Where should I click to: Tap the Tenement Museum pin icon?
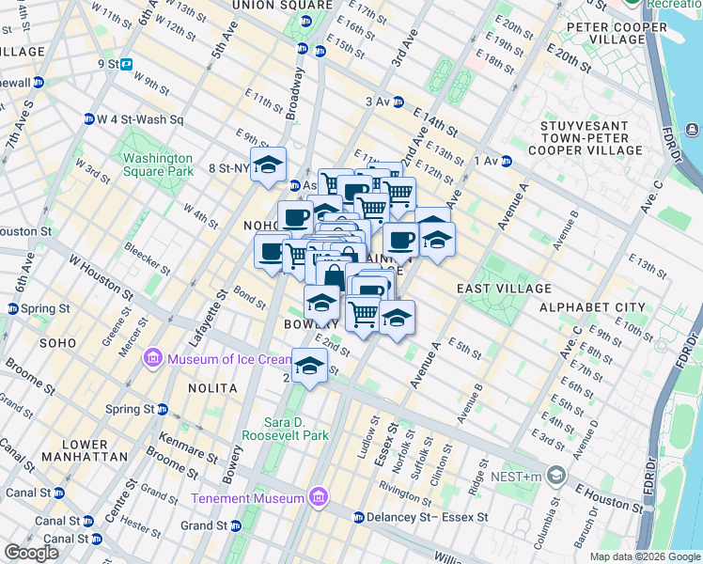coord(318,497)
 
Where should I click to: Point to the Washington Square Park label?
coord(157,164)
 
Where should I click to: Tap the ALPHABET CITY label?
coord(592,307)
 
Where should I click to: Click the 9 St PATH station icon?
coord(125,65)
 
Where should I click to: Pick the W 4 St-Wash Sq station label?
coord(140,120)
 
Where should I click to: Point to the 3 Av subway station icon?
coord(398,102)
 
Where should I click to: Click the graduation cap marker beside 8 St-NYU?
coord(268,164)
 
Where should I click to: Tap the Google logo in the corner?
coord(31,553)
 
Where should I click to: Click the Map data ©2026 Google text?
coord(645,556)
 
